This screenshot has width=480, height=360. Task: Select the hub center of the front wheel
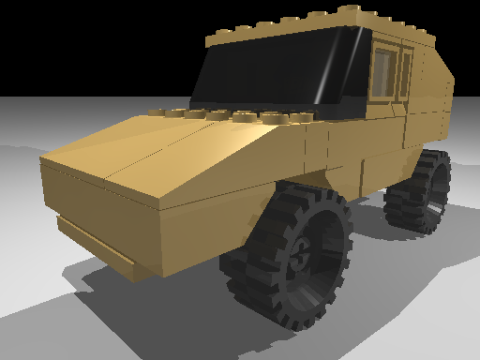(302, 253)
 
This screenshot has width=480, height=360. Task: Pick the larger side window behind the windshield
(384, 71)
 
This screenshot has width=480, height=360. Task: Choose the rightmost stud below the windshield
(302, 119)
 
